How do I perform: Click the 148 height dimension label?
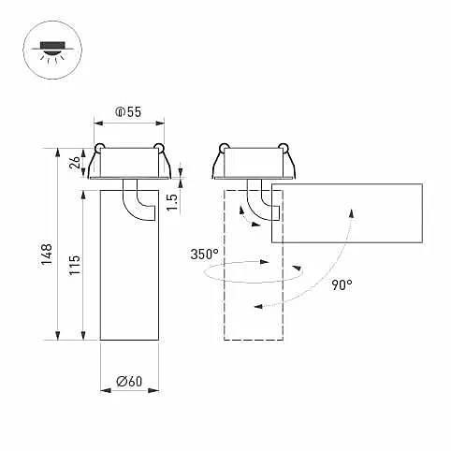[x=47, y=255]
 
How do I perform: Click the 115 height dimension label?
[x=75, y=265]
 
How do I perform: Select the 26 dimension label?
[x=75, y=163]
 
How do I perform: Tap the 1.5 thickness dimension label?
[x=172, y=202]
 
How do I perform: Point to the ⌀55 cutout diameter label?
[x=128, y=112]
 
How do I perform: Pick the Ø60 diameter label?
[x=129, y=381]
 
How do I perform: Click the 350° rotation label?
[x=204, y=255]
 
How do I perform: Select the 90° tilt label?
[x=342, y=285]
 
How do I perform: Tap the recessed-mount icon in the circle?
[x=52, y=50]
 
